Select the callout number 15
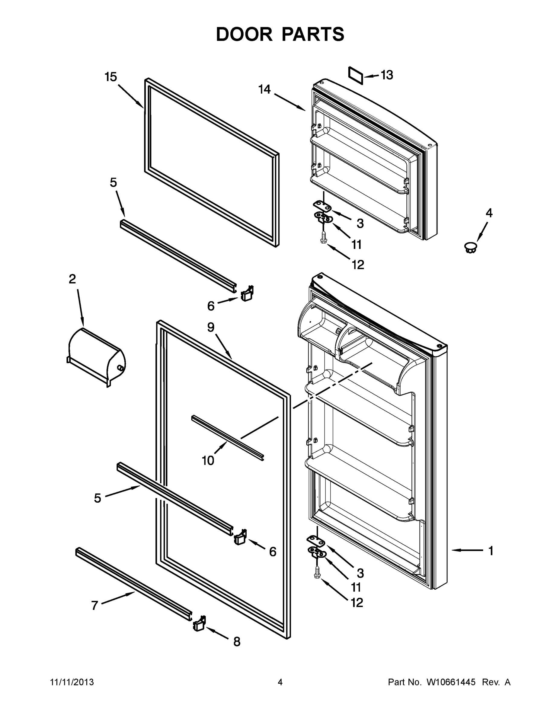coord(111,77)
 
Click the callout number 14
coord(264,90)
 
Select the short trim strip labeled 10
coord(228,438)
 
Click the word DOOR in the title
coord(244,34)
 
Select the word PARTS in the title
coord(313,34)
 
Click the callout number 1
coord(491,551)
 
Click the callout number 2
coord(72,279)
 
